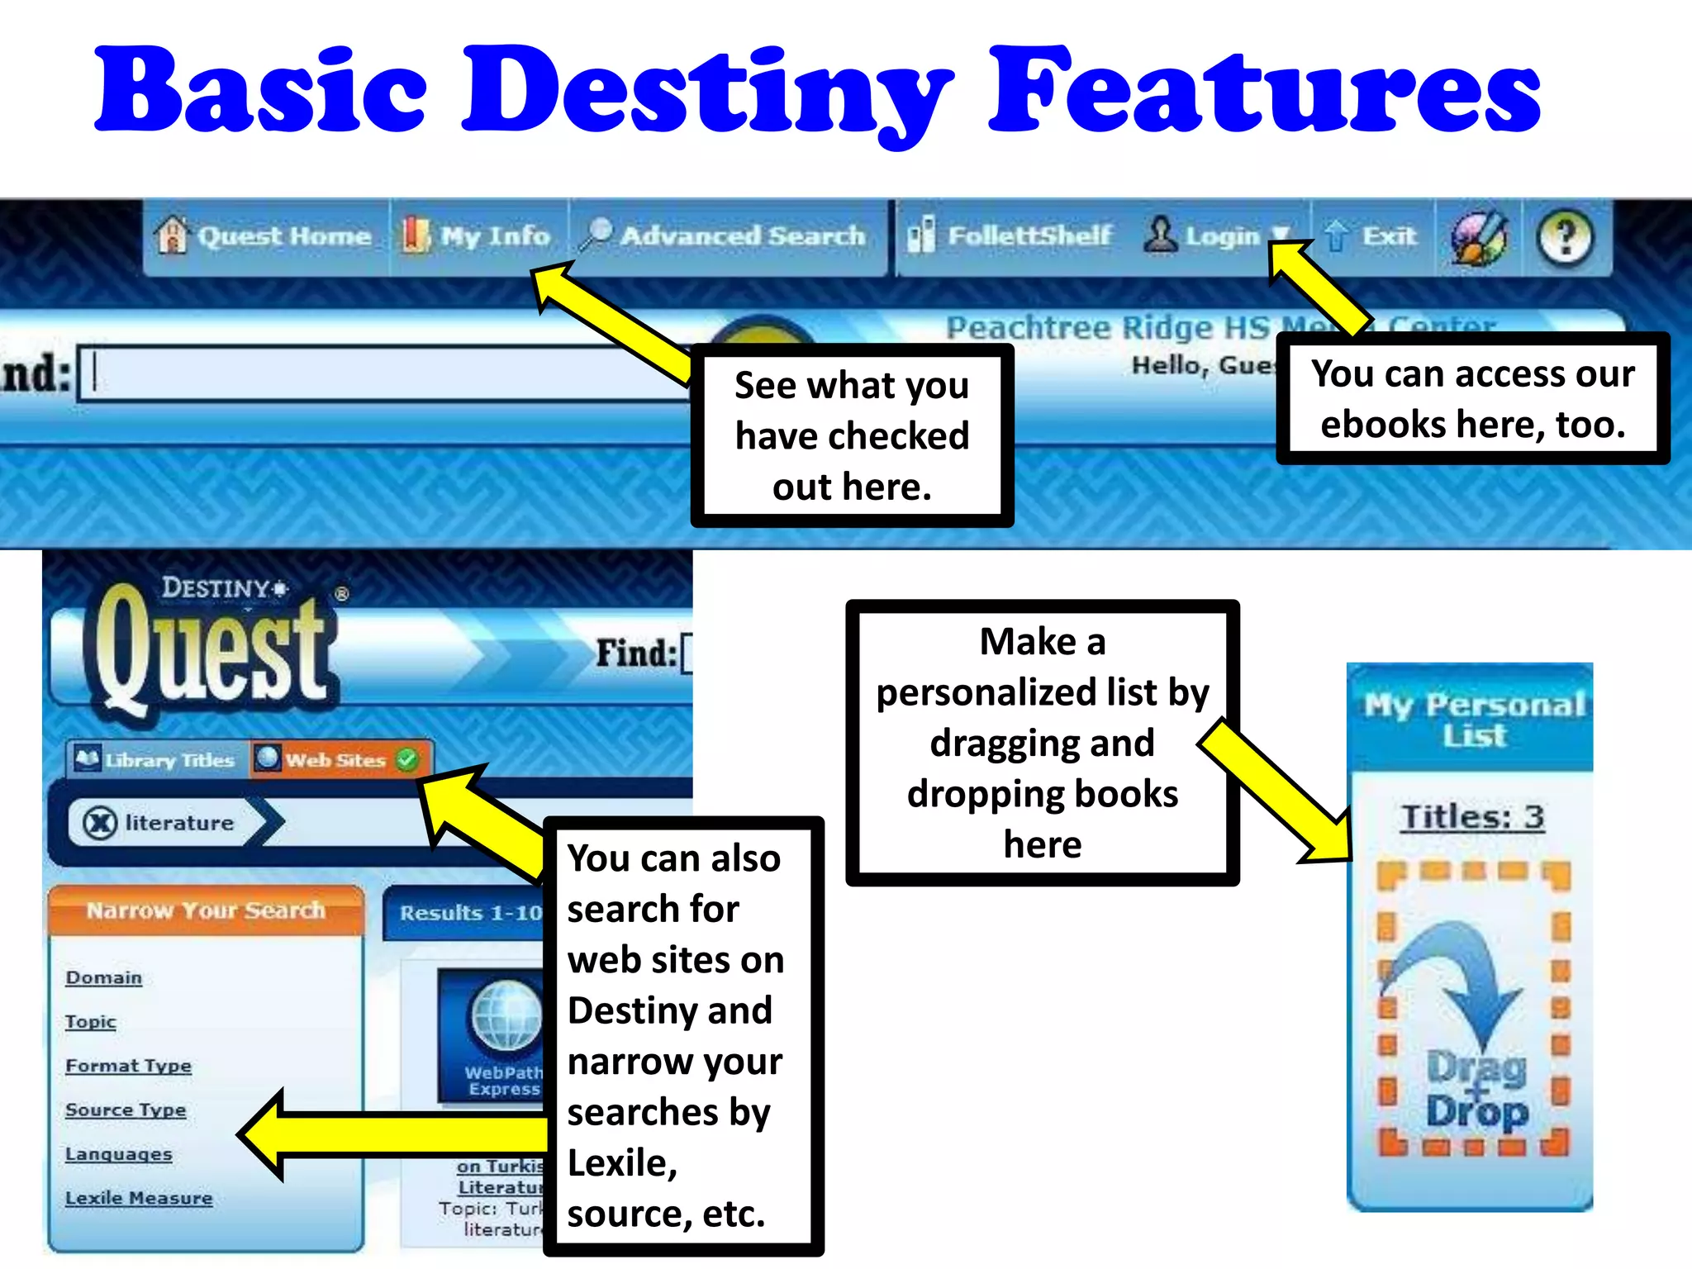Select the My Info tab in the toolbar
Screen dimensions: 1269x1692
(x=477, y=236)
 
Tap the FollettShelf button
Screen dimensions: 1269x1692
(x=1010, y=236)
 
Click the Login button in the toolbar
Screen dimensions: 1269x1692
(x=1206, y=236)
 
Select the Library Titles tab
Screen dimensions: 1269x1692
(x=156, y=759)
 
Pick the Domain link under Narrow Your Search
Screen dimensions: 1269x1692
(x=104, y=978)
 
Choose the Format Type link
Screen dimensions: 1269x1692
(x=128, y=1066)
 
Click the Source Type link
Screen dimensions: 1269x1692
(x=126, y=1110)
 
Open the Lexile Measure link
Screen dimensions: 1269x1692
(x=139, y=1198)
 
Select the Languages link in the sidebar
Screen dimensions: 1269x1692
(x=119, y=1154)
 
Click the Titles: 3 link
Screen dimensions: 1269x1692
(x=1472, y=817)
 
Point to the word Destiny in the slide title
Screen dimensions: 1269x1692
(x=707, y=91)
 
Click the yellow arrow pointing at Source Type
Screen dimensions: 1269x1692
(x=388, y=1134)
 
